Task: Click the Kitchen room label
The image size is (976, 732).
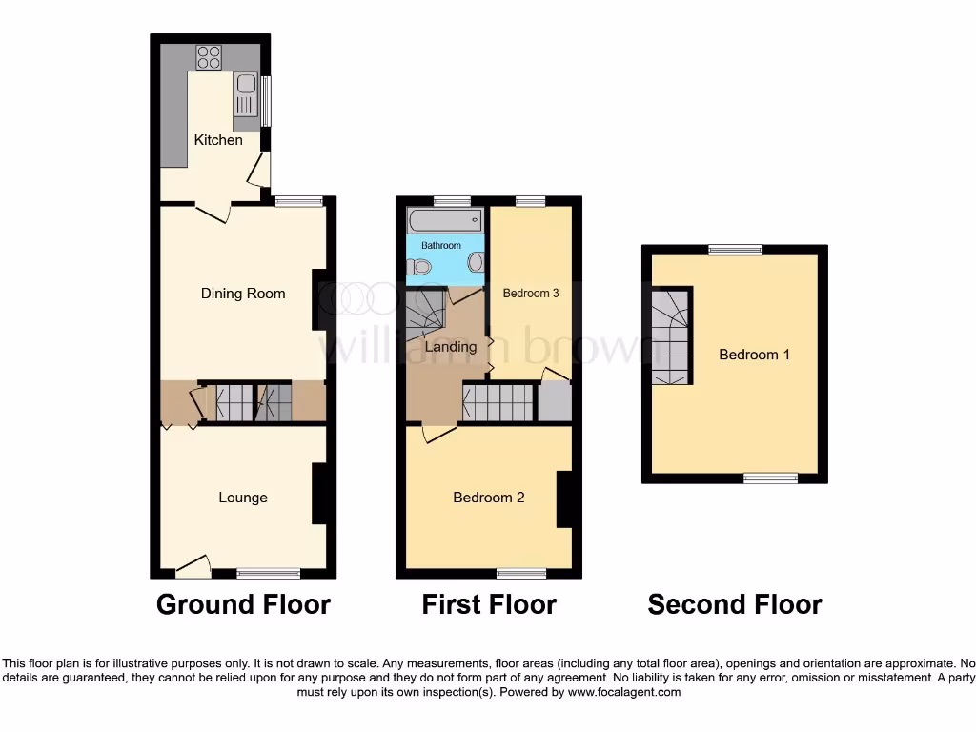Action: point(218,140)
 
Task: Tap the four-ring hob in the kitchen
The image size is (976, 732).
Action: point(209,57)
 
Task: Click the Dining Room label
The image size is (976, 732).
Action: point(243,294)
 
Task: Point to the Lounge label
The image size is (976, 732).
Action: point(243,498)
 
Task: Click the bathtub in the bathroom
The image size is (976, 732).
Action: point(444,221)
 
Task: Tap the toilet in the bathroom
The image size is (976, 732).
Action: point(416,268)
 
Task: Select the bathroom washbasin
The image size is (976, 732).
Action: point(475,262)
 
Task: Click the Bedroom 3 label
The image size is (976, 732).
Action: point(531,294)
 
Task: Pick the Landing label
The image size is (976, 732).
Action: point(451,347)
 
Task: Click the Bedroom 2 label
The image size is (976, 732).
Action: point(489,498)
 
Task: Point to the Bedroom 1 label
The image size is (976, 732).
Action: point(754,355)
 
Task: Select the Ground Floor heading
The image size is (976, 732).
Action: point(243,604)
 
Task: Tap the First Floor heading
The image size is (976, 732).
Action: point(489,604)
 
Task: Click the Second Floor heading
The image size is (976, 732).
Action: point(735,604)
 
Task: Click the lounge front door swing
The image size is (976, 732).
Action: point(194,566)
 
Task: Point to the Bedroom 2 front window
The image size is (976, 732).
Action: point(521,573)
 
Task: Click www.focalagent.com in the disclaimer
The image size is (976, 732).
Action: point(624,692)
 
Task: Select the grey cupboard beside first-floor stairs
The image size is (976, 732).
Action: point(555,402)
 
